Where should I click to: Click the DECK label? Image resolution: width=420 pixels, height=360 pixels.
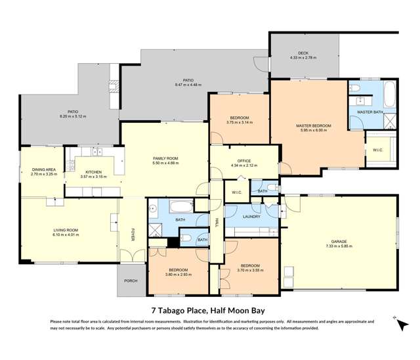[x=303, y=53]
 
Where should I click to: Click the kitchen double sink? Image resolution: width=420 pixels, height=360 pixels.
[x=98, y=152]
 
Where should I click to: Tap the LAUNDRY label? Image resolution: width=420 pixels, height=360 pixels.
[x=251, y=216]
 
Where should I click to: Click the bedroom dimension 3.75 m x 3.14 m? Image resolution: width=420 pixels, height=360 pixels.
[x=238, y=122]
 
